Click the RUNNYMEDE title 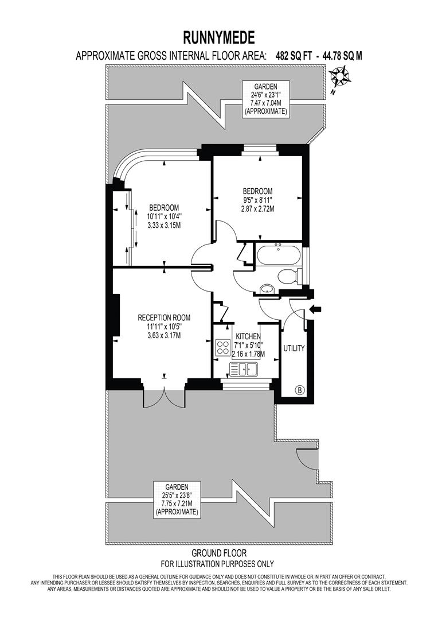coord(219,38)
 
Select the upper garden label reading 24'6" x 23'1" coord(265,98)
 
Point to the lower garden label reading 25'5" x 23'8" coord(177,499)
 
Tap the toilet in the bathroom coord(288,276)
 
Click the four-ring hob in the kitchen coord(222,347)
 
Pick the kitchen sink coord(244,368)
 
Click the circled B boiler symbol coord(299,390)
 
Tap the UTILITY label coord(294,348)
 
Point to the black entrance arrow coord(315,310)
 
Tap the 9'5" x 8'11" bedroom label coord(257,200)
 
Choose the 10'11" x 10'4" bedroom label coord(165,216)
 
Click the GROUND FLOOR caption coord(219,553)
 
